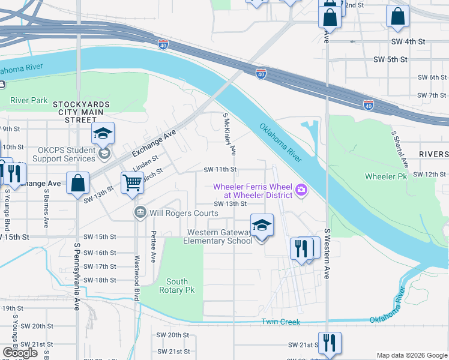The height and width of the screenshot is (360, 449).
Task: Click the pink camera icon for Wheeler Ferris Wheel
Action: (301, 191)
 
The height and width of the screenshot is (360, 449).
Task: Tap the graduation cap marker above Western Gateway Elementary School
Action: (262, 225)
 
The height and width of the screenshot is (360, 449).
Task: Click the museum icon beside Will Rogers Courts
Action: (140, 212)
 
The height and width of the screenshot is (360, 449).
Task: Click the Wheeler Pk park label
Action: (385, 176)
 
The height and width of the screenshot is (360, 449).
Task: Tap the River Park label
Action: (28, 100)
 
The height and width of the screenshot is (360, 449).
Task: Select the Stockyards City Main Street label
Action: (82, 112)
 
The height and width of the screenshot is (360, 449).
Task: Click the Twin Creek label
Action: (280, 322)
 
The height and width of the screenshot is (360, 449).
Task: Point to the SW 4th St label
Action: (408, 41)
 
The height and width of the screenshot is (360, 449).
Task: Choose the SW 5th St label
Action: (390, 59)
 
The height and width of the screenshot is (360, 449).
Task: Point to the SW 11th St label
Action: (220, 170)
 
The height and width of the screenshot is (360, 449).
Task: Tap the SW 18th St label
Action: (99, 280)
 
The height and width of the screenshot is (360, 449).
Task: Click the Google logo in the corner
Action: (20, 353)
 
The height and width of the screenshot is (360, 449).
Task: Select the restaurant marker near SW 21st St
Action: (329, 343)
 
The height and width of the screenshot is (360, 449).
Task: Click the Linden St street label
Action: (145, 162)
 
